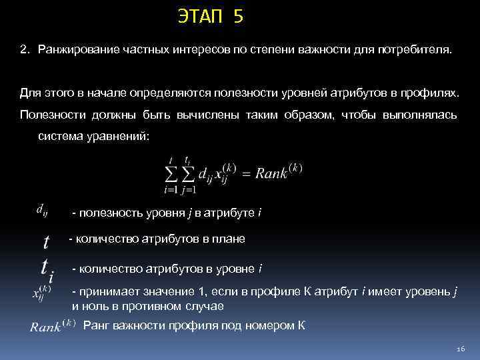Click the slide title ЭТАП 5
211,16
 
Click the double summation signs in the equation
179,174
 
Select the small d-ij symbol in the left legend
41,211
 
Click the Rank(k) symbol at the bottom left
53,327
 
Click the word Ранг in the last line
96,326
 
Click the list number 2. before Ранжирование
24,51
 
